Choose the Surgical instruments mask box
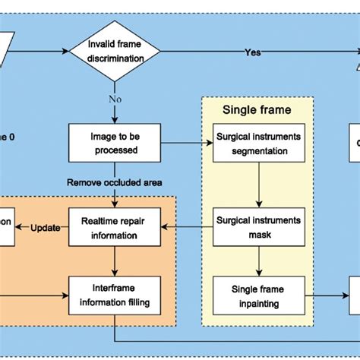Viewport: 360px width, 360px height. click(x=259, y=227)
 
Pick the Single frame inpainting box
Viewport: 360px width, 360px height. click(x=259, y=297)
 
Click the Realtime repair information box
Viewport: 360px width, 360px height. click(x=114, y=227)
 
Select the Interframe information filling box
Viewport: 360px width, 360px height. click(x=114, y=297)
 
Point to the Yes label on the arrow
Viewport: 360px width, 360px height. click(x=253, y=52)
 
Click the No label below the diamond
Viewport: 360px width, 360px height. click(x=114, y=99)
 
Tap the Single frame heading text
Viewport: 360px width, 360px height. click(x=256, y=109)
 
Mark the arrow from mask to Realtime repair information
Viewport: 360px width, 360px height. click(x=185, y=227)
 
